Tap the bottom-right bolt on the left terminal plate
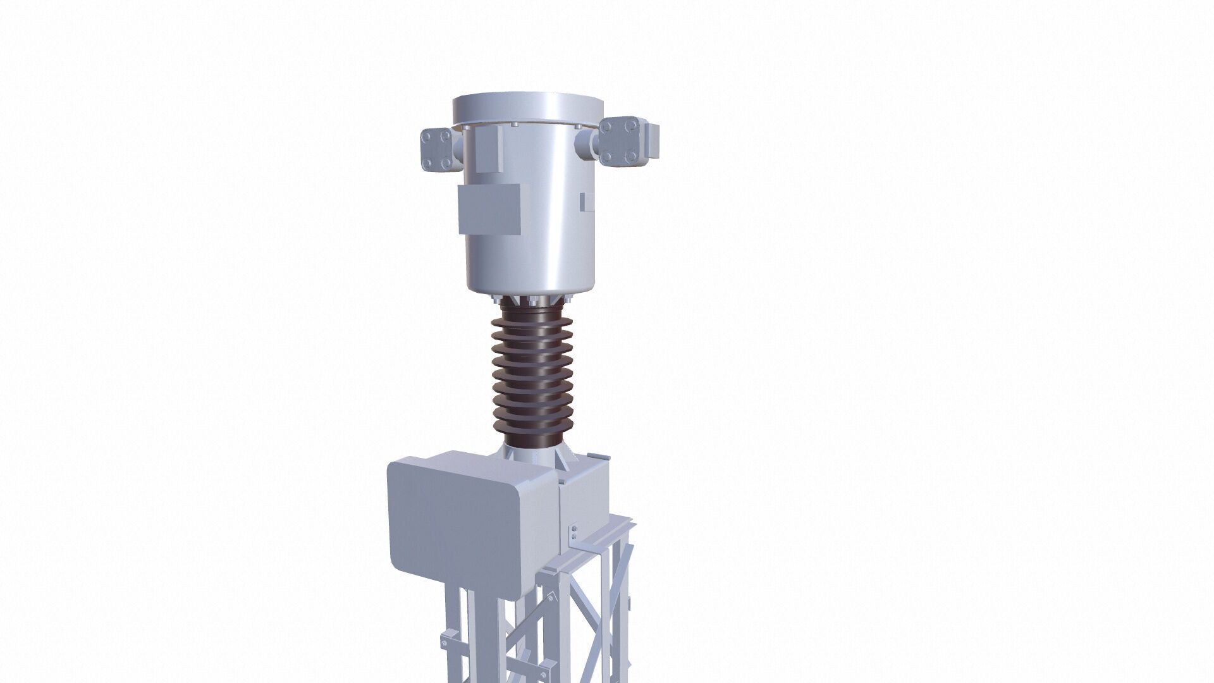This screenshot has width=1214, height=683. (x=448, y=164)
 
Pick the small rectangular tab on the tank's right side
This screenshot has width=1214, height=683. (x=586, y=202)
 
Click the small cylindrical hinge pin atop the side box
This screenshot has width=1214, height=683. (x=593, y=456)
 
